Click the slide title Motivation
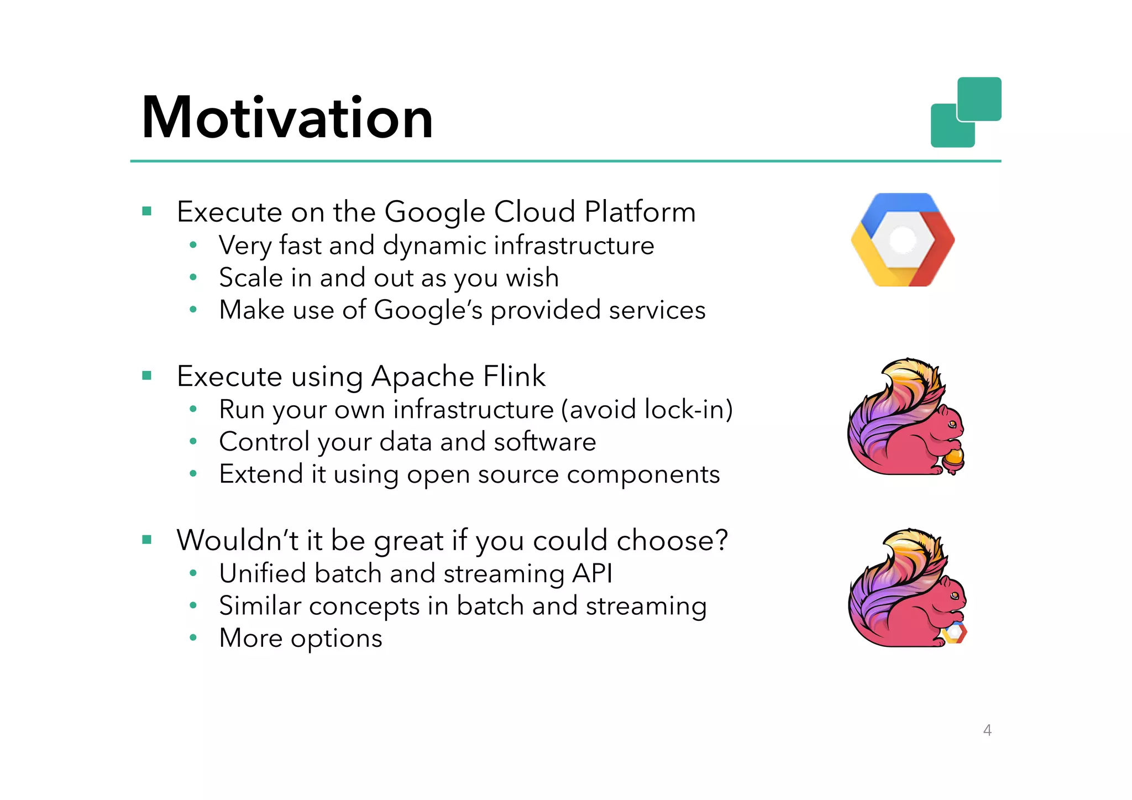287,117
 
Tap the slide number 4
987,730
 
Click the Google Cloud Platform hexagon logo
903,239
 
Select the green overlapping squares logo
966,112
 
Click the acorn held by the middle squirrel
955,459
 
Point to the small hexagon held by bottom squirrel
955,632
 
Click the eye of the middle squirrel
952,424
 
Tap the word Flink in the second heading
514,377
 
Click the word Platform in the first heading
640,212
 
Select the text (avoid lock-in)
647,410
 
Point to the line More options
300,638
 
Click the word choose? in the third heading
672,540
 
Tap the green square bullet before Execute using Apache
146,376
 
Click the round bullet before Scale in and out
193,278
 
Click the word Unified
262,573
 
